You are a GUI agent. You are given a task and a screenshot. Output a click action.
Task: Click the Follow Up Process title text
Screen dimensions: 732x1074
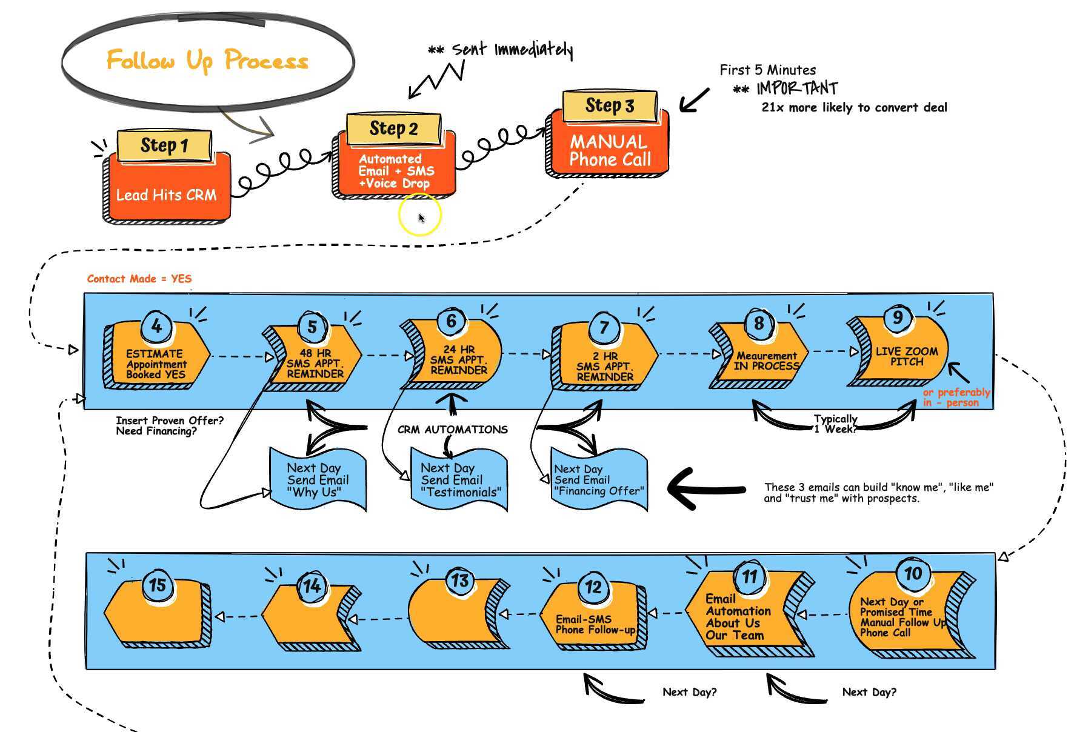207,61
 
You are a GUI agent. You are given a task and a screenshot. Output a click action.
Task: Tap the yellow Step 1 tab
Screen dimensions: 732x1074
164,145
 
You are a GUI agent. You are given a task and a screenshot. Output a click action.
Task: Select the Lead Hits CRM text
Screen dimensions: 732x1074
166,195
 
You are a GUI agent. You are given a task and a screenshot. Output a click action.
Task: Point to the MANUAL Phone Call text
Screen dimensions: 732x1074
610,151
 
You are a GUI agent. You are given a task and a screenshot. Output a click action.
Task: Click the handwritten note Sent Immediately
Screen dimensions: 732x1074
512,50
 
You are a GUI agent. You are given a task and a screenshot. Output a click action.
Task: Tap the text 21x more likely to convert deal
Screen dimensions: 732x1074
854,108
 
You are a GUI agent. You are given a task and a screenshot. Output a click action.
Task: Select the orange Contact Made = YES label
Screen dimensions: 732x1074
139,279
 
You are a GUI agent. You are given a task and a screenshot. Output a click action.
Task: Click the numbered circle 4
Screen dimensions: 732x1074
157,327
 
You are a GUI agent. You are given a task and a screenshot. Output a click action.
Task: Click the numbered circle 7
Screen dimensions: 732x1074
604,328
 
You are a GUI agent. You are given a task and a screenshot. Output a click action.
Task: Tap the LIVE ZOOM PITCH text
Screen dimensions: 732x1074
907,356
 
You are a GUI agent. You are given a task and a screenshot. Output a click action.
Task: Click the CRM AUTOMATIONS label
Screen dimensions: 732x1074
453,430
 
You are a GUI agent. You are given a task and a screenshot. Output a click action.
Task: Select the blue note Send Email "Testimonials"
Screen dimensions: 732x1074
459,480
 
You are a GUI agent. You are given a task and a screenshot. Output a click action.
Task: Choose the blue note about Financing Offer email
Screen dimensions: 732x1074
599,480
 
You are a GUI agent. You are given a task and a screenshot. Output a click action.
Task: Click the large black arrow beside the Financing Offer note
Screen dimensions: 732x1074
706,488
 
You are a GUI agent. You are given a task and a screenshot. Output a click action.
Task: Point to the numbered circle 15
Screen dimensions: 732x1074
158,585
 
